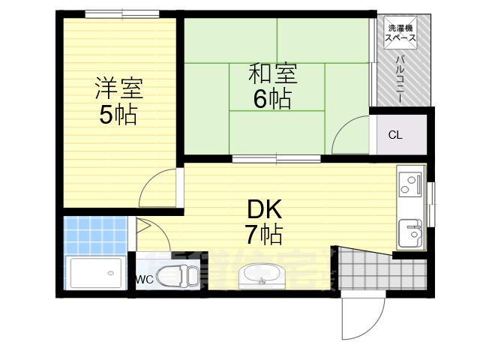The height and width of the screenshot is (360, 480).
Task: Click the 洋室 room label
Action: (118, 88)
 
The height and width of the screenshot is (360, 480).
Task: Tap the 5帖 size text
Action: (118, 115)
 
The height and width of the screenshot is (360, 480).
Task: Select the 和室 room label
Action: (272, 74)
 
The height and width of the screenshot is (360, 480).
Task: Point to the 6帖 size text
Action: (272, 98)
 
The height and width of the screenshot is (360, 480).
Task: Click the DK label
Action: (262, 208)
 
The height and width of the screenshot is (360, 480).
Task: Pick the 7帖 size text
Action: (262, 234)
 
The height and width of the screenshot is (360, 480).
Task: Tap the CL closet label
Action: (394, 135)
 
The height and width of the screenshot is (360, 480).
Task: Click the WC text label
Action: (145, 280)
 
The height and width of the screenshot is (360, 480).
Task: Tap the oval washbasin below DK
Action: (261, 277)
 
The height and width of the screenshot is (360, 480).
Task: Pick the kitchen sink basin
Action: (411, 232)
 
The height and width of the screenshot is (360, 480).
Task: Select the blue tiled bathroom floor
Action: (96, 233)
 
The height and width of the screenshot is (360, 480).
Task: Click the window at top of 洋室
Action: (115, 13)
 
